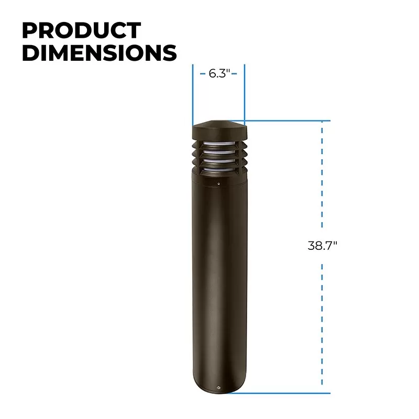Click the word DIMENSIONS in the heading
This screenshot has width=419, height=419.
pyautogui.click(x=99, y=53)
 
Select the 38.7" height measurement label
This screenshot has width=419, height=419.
pyautogui.click(x=322, y=245)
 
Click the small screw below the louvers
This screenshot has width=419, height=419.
pyautogui.click(x=218, y=184)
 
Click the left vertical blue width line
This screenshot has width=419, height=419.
pyautogui.click(x=193, y=94)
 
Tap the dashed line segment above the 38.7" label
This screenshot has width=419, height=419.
pyautogui.click(x=322, y=178)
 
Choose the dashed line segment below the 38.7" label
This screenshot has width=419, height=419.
pyautogui.click(x=322, y=325)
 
